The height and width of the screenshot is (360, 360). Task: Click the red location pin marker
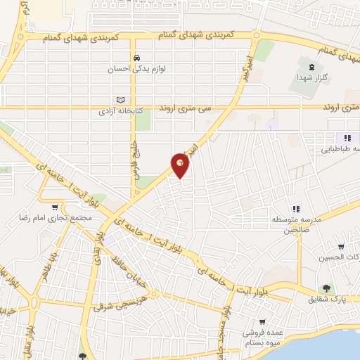coord(181,165)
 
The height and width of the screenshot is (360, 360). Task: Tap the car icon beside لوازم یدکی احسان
coord(136,58)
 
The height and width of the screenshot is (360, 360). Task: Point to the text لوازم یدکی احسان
coord(136,69)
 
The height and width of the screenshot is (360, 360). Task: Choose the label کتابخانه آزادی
coord(117,111)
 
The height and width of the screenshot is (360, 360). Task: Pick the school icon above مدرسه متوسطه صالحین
coord(296,209)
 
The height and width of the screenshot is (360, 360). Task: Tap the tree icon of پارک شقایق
coord(326,288)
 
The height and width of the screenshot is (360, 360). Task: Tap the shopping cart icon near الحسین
coord(341,247)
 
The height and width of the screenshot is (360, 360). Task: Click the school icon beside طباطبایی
coord(347,138)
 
